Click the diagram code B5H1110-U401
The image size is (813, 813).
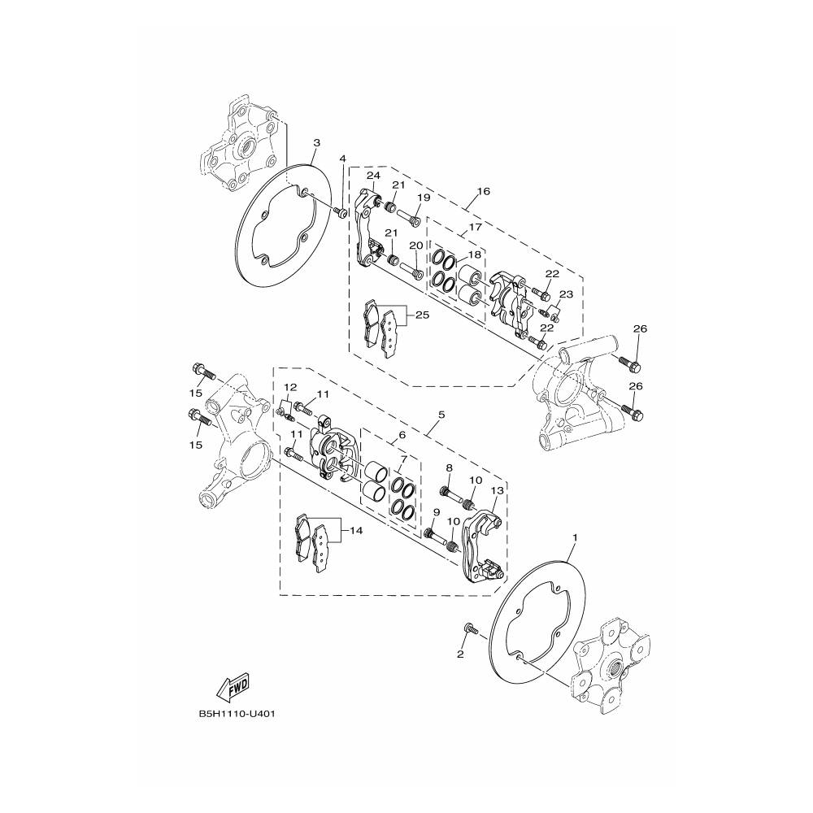pyautogui.click(x=237, y=714)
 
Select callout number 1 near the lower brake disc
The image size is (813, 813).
pyautogui.click(x=574, y=537)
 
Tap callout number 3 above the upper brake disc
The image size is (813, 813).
pyautogui.click(x=317, y=142)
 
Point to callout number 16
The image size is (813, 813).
pyautogui.click(x=483, y=191)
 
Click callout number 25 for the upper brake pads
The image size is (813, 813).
pyautogui.click(x=423, y=315)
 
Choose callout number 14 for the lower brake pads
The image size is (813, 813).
pyautogui.click(x=356, y=531)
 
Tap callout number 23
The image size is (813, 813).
pyautogui.click(x=566, y=294)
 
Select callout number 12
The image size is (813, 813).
pyautogui.click(x=290, y=387)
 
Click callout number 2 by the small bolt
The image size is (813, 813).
pyautogui.click(x=460, y=654)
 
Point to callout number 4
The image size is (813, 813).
pyautogui.click(x=342, y=159)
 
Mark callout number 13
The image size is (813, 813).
pyautogui.click(x=497, y=490)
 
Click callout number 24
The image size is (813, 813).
pyautogui.click(x=374, y=176)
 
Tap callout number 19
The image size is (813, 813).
pyautogui.click(x=424, y=198)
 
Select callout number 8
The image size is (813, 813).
pyautogui.click(x=449, y=468)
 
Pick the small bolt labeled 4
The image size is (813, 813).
pyautogui.click(x=341, y=211)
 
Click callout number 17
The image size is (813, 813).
pyautogui.click(x=475, y=227)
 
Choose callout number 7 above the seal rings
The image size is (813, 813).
pyautogui.click(x=404, y=459)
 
